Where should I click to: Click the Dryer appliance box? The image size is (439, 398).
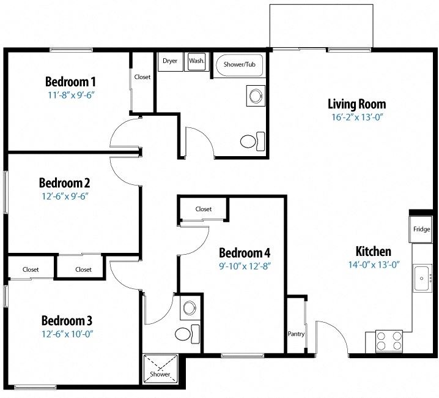click(x=169, y=61)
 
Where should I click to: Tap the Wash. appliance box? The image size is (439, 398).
click(x=196, y=61)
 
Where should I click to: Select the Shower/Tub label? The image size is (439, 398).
click(x=239, y=64)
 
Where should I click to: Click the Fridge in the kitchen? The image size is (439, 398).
click(x=421, y=230)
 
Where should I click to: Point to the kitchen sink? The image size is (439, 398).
click(x=422, y=279)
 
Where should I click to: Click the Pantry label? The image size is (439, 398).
click(x=296, y=334)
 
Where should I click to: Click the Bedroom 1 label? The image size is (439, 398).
click(x=70, y=82)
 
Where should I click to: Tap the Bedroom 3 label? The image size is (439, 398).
click(x=67, y=321)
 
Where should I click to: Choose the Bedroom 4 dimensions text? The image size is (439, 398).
click(x=244, y=266)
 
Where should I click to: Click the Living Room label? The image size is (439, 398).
click(x=356, y=103)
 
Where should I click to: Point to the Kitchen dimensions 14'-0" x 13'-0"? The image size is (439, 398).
click(x=373, y=265)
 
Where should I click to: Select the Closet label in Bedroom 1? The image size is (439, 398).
click(x=142, y=77)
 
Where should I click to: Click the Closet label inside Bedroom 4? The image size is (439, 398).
click(x=204, y=209)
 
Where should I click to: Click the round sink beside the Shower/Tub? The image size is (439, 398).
click(x=254, y=96)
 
